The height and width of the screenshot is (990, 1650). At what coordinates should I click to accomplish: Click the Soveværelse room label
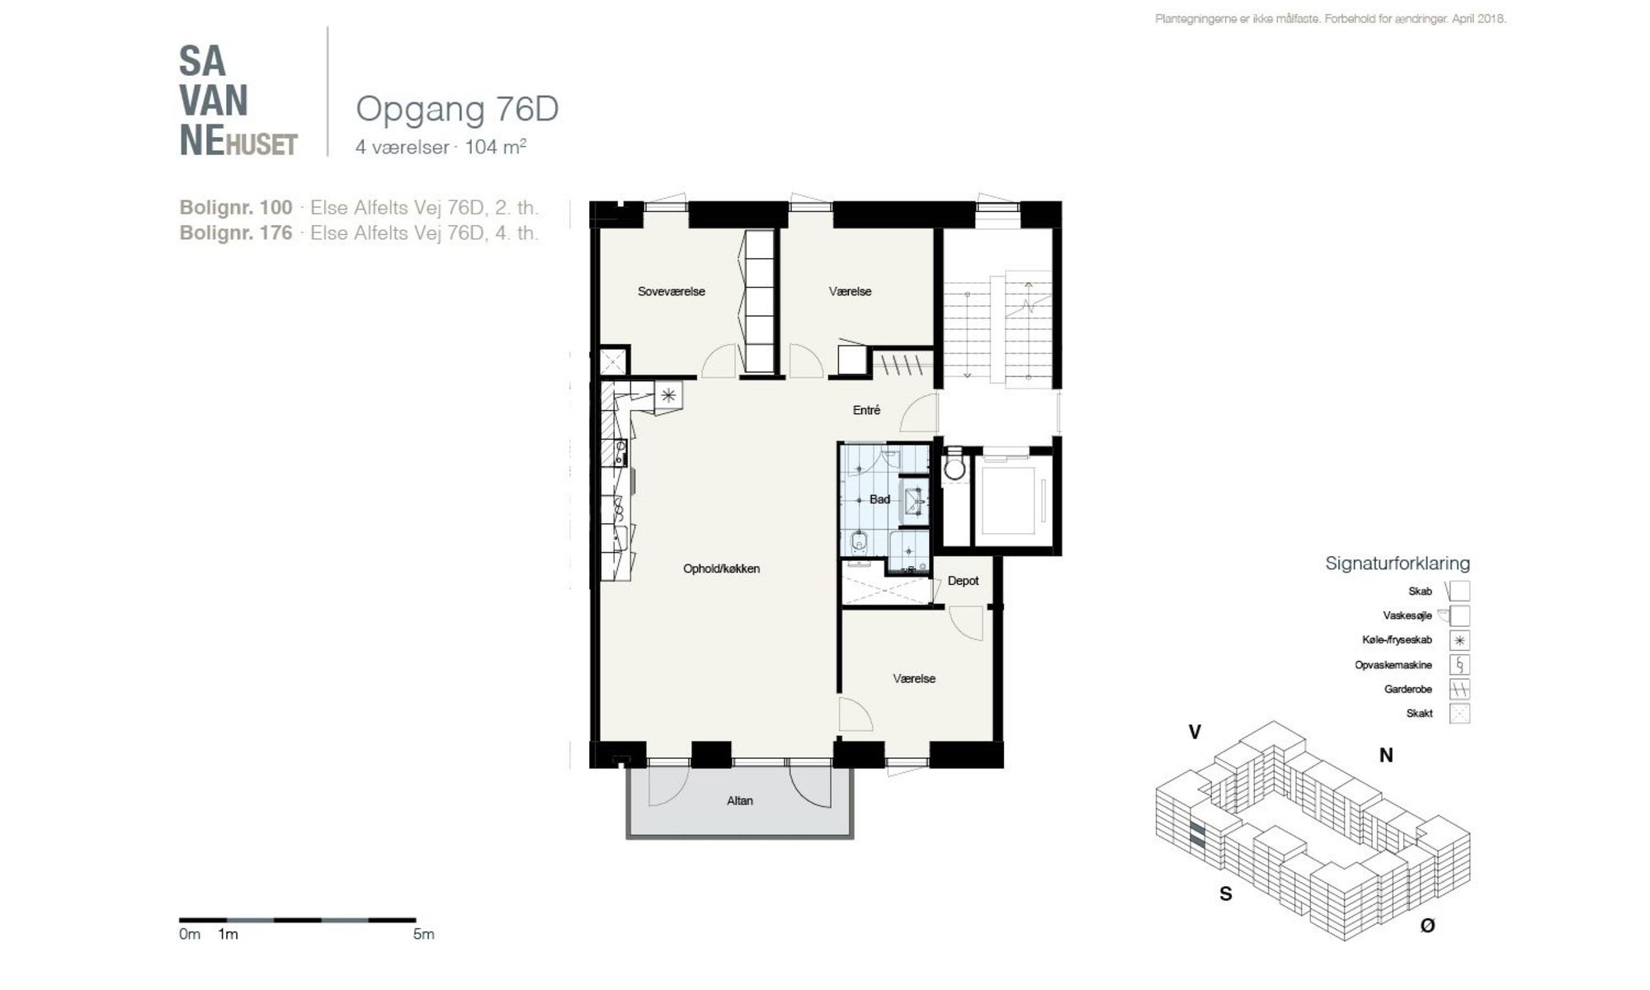point(671,291)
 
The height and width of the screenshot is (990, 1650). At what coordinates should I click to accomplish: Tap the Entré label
point(866,410)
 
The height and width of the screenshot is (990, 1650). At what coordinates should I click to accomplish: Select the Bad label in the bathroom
point(879,499)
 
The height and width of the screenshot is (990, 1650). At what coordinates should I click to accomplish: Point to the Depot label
point(963,581)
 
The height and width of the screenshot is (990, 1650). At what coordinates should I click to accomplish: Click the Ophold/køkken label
point(721,568)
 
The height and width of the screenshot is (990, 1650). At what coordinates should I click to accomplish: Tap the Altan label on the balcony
point(739,800)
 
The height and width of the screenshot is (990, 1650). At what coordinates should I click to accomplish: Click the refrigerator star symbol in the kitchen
point(668,395)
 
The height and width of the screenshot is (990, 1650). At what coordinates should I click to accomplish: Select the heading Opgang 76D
point(457,109)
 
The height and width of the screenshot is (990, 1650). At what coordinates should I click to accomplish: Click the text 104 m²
point(495,147)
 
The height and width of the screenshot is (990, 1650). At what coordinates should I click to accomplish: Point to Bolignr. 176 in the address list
point(236,233)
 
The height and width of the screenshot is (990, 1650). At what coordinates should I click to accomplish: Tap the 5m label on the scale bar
point(423,934)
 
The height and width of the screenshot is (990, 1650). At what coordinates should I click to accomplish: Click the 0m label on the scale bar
point(190,934)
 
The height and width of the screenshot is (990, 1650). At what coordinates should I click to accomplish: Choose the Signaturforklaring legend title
point(1398,563)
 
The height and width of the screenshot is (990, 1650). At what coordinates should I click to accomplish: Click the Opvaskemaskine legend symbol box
point(1459,665)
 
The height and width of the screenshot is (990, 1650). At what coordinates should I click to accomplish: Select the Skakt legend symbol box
point(1459,714)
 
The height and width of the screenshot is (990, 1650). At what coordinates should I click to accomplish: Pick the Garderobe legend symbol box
point(1459,689)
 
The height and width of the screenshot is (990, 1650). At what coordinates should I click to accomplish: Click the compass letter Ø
point(1427,926)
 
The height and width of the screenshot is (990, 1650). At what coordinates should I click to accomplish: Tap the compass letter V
point(1194,732)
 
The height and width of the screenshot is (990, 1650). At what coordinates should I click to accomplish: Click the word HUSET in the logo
point(262,145)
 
